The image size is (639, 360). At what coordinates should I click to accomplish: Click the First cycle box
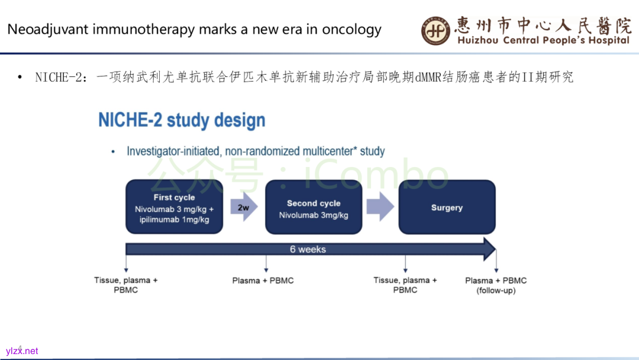tap(174, 207)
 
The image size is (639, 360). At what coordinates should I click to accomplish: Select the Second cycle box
tap(314, 207)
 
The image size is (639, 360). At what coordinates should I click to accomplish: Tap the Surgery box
tap(447, 207)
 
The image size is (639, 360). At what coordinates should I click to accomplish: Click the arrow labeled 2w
tap(244, 208)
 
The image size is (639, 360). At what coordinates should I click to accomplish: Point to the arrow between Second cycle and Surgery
tap(380, 208)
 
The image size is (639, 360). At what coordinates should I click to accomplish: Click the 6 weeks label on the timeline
tap(308, 249)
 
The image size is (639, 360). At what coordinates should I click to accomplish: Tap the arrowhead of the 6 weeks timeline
tap(489, 249)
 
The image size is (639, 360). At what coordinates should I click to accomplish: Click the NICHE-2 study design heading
tap(182, 120)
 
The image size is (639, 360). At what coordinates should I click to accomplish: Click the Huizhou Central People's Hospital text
tap(543, 40)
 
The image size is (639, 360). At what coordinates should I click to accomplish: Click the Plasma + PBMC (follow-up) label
tap(496, 285)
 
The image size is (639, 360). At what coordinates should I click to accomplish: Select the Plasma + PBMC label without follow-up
tap(263, 281)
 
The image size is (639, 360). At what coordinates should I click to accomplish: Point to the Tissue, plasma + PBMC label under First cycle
tap(126, 285)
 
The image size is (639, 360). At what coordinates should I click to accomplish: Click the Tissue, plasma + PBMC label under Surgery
tap(405, 285)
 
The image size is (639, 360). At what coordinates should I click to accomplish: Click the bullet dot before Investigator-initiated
tap(113, 152)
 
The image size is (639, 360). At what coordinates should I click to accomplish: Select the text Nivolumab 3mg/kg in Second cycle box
tap(314, 215)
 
